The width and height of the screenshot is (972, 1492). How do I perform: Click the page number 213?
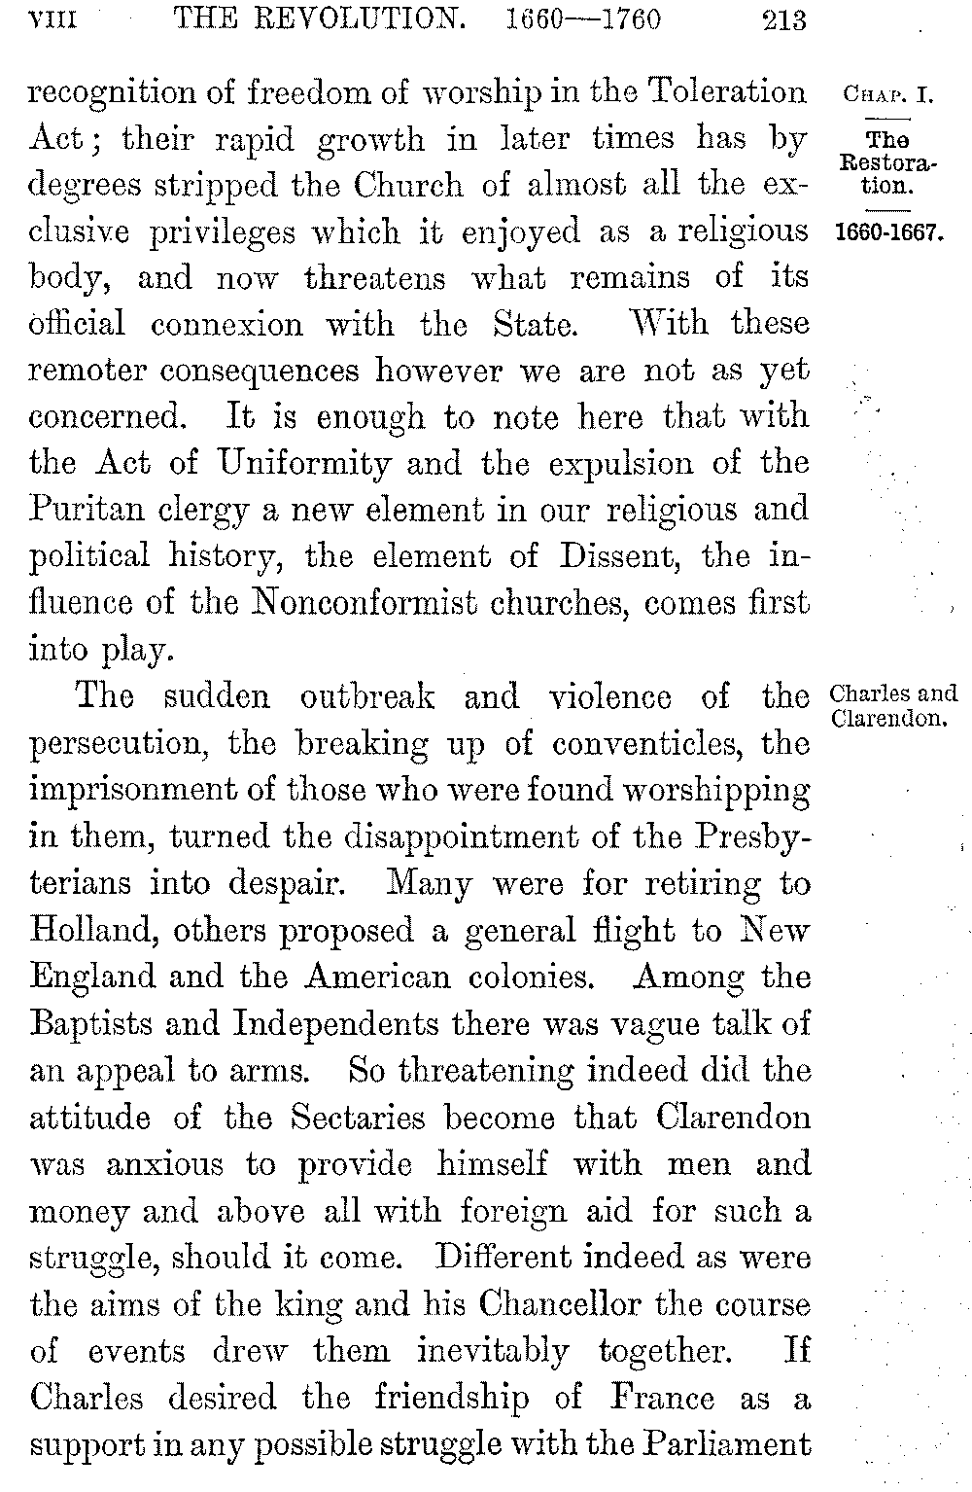tap(784, 19)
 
